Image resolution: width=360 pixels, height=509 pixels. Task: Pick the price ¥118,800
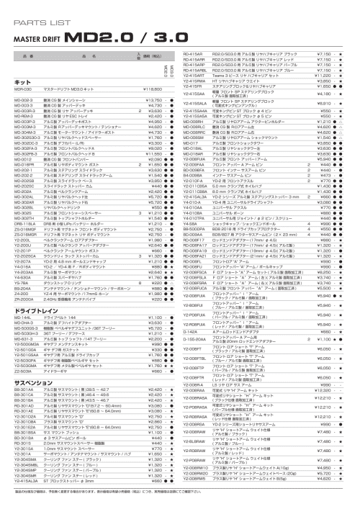pos(153,89)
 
